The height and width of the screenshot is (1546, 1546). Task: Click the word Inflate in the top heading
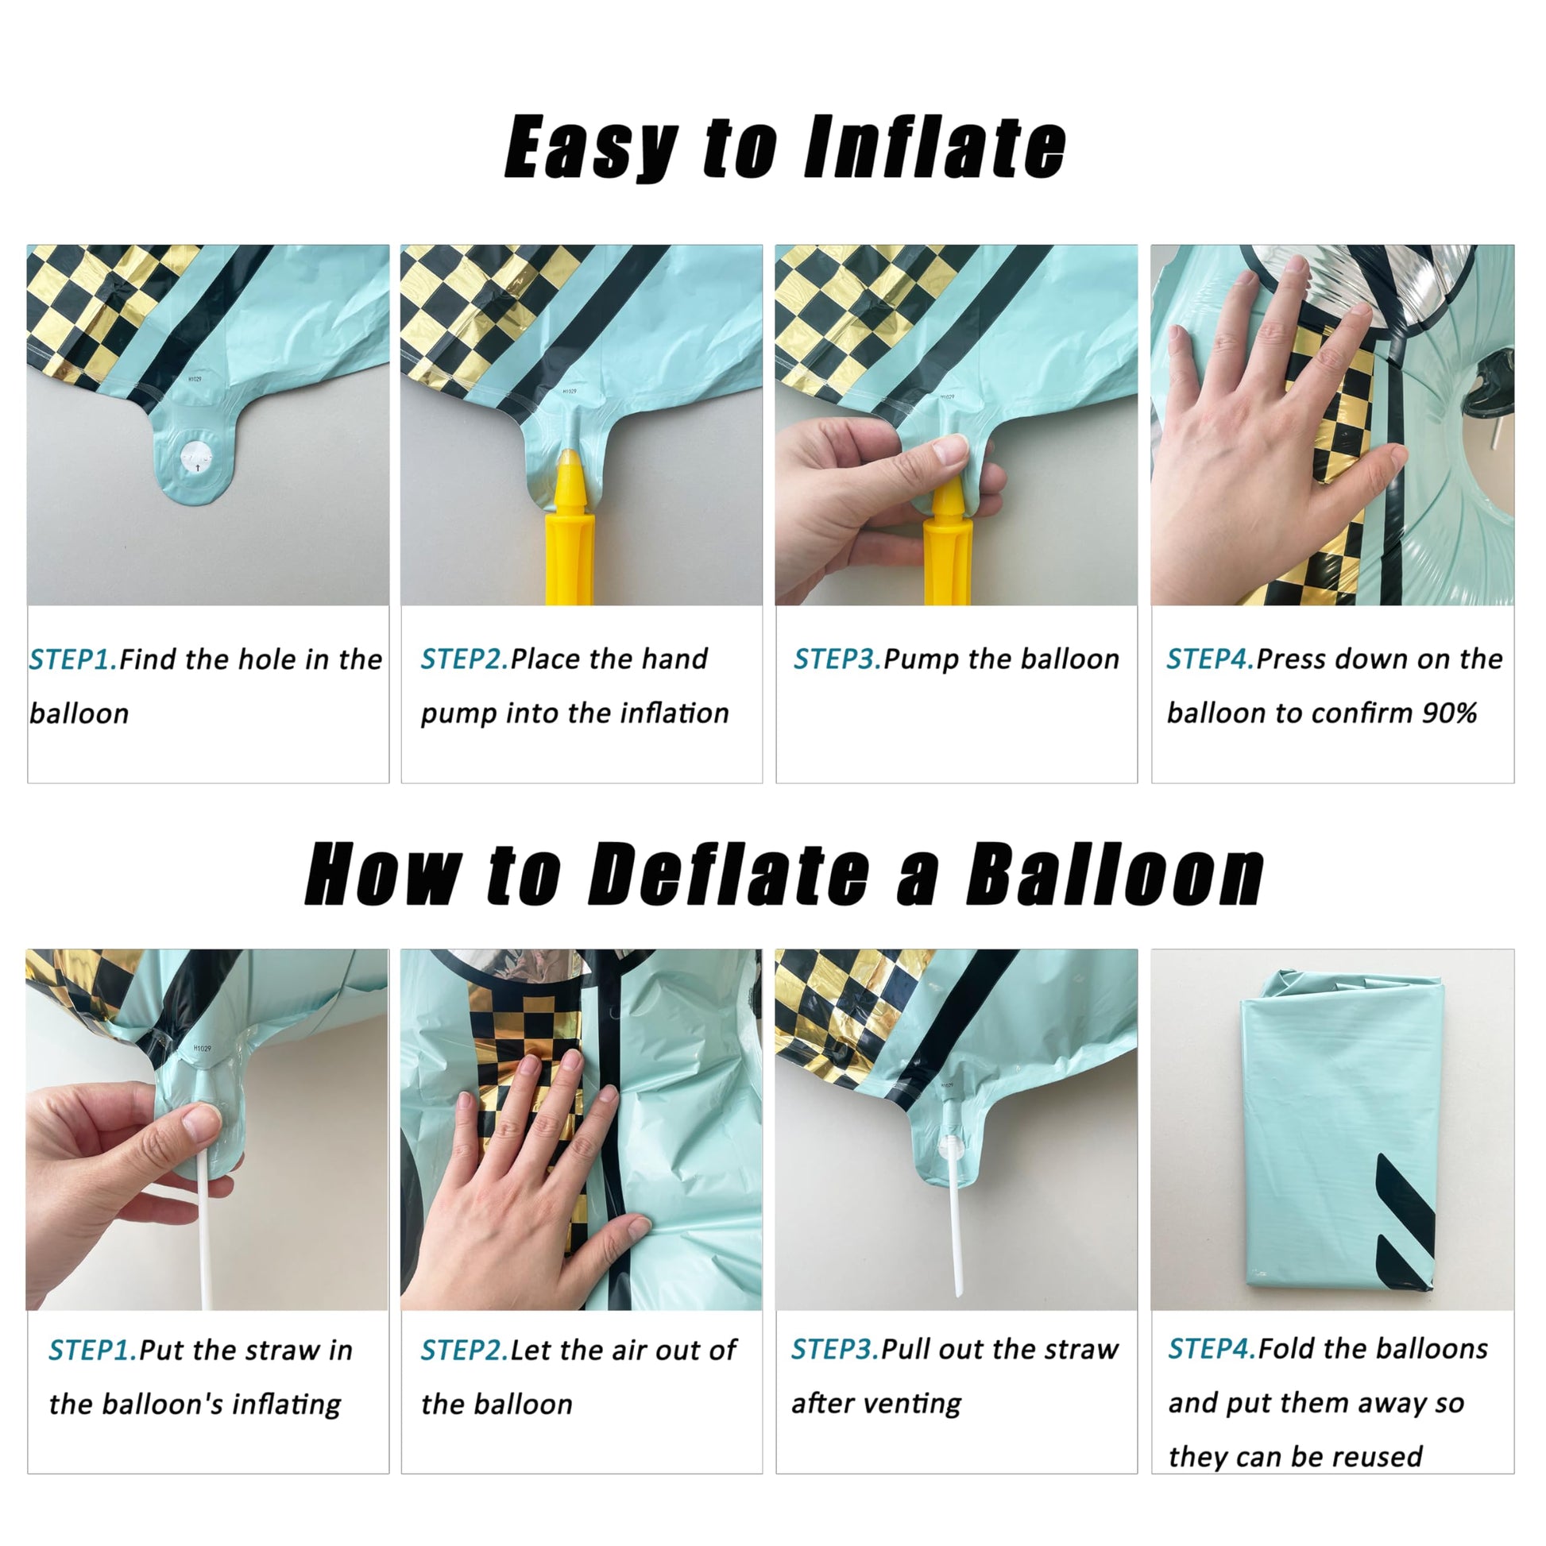click(934, 146)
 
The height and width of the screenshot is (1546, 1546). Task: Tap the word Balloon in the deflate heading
click(1115, 875)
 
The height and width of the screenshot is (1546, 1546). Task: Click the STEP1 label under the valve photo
click(73, 659)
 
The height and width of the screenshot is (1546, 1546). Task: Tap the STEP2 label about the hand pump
click(464, 659)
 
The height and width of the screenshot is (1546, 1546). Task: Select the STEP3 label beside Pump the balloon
click(837, 659)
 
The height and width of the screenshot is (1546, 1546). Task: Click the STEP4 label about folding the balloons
click(1212, 1348)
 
